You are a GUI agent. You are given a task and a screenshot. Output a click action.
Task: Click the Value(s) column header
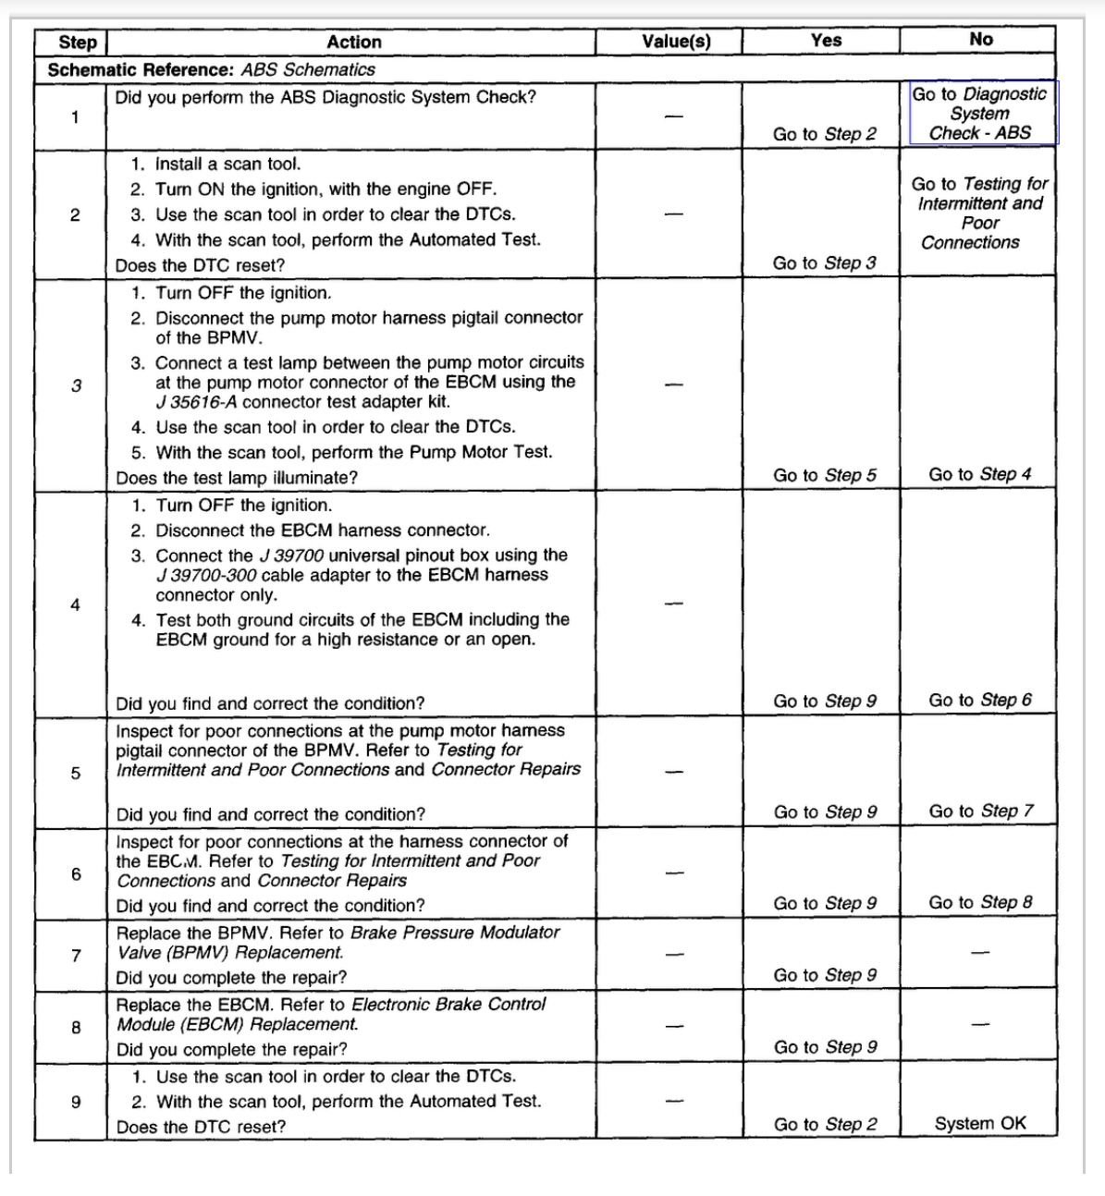676,42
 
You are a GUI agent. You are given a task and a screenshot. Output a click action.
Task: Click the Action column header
353,42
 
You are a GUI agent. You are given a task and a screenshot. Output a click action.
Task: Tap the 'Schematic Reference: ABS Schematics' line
211,69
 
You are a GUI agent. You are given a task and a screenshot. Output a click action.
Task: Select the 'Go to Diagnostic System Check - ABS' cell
979,113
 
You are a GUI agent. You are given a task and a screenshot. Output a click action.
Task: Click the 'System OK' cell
979,1123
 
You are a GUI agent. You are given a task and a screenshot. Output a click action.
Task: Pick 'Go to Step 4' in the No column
979,474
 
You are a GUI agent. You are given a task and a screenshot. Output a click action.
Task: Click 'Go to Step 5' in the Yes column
824,475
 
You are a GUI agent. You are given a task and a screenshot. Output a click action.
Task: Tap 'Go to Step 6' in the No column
979,700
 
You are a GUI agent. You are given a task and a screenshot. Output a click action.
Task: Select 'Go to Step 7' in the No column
979,811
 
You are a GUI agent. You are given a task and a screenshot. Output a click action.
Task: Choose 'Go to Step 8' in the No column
979,902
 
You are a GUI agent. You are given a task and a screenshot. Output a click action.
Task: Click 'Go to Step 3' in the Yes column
824,262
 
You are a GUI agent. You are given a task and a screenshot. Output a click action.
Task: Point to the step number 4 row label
75,604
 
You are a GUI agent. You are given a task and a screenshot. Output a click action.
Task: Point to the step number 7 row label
76,955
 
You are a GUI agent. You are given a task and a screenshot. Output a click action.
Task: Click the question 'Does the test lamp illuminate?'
237,478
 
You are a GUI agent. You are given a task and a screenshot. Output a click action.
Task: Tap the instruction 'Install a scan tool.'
227,164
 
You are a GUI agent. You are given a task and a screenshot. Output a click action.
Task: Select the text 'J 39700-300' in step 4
206,575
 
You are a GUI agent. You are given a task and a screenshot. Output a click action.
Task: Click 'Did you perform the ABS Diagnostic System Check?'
325,97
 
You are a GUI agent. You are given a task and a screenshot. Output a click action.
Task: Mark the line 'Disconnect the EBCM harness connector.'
323,531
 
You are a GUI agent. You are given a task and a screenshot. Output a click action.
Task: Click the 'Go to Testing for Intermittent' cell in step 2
979,213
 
